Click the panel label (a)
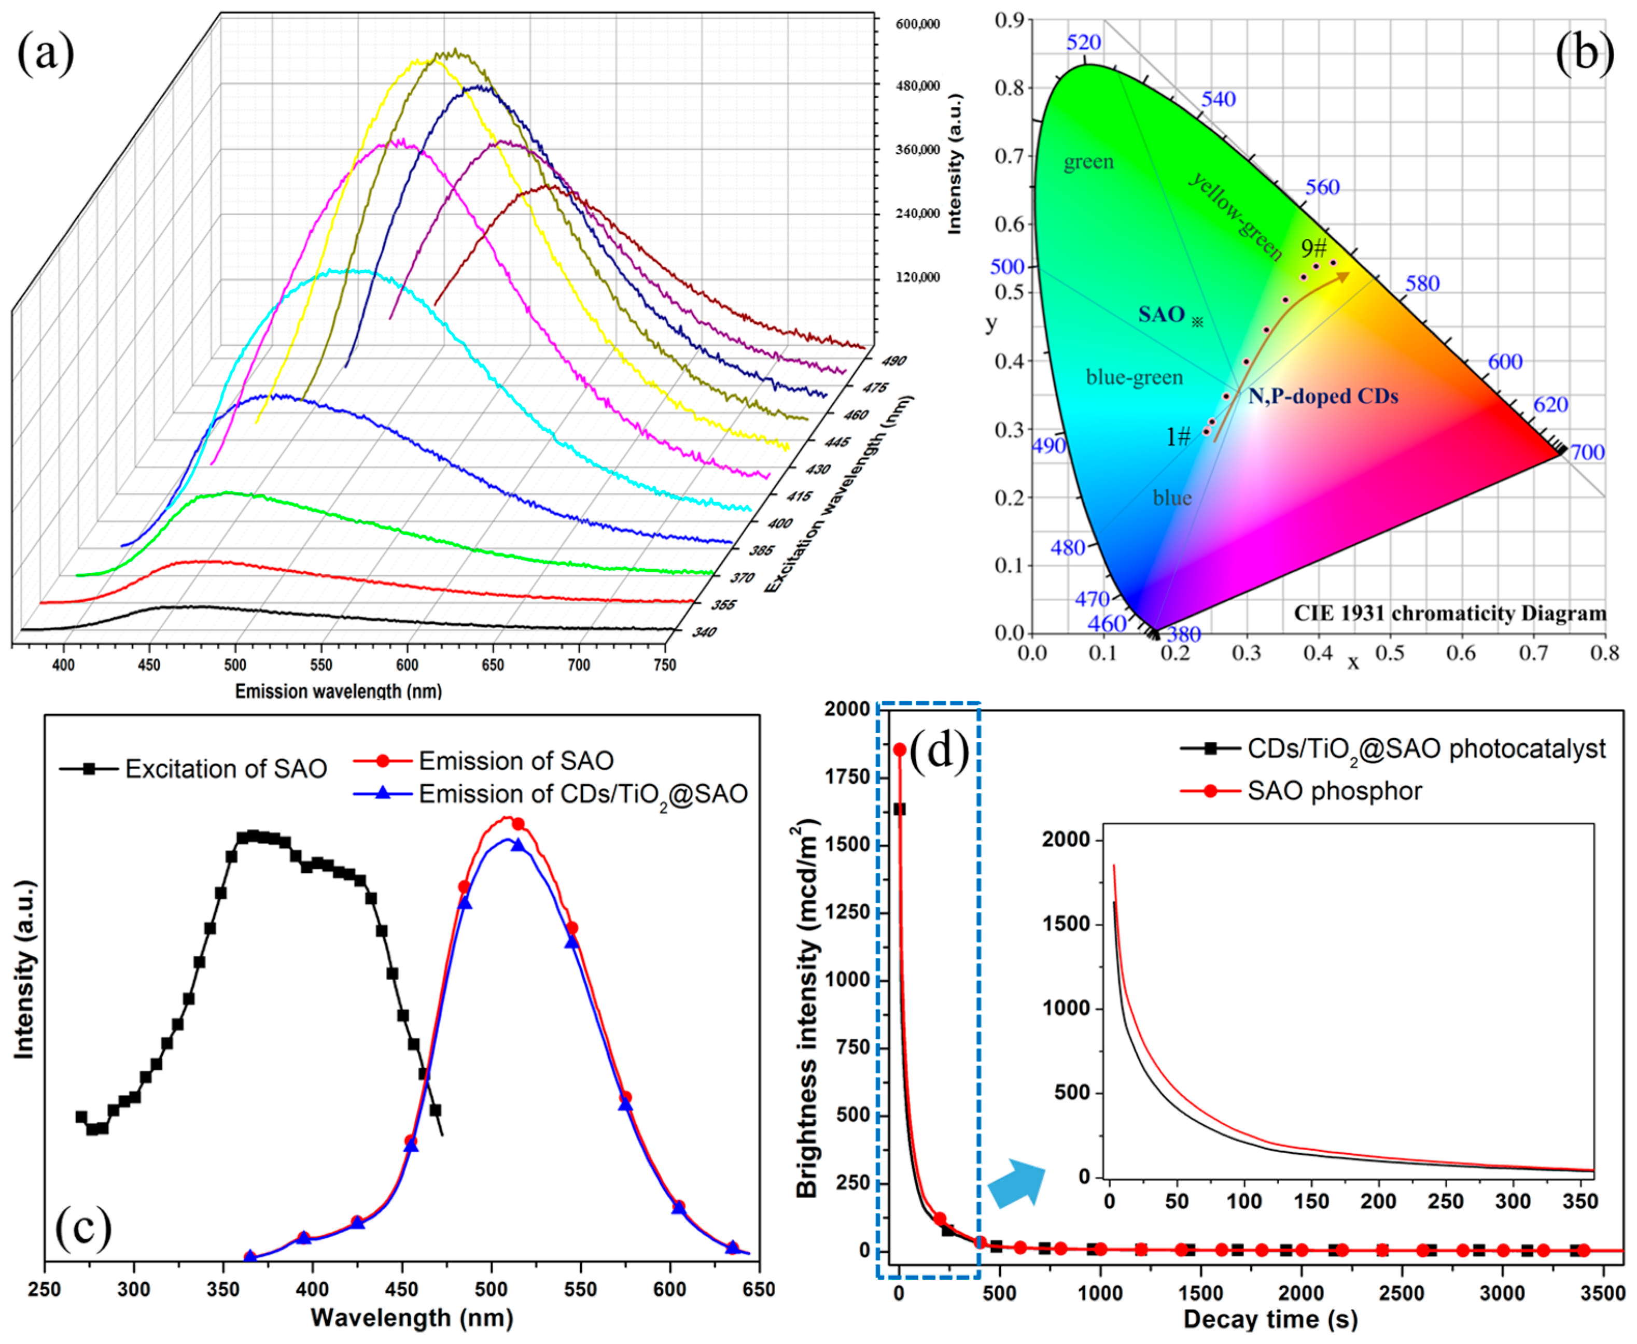pos(46,54)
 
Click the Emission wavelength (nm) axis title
pos(339,690)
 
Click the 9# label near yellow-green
pos(1313,248)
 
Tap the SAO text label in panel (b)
pos(1161,314)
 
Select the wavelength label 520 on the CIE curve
pos(1083,43)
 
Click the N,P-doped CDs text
pos(1323,397)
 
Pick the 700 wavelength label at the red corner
pos(1587,452)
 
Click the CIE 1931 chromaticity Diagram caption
pos(1450,613)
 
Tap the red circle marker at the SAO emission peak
pos(518,824)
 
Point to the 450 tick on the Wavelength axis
pos(401,1289)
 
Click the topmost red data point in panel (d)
pos(899,749)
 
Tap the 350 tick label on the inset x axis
pos(1579,1201)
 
